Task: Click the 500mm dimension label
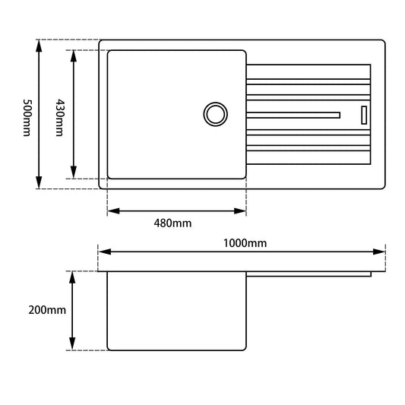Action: pos(27,114)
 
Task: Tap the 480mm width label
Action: pos(173,223)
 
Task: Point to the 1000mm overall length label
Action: pos(245,242)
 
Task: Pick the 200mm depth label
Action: pos(47,311)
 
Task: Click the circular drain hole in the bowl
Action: pos(215,114)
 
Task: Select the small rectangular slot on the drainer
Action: pos(363,114)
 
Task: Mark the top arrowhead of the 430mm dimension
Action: pos(73,55)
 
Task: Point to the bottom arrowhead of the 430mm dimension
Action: pos(73,172)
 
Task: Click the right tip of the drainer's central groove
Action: pos(338,114)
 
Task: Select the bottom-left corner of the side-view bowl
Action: pos(109,349)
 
